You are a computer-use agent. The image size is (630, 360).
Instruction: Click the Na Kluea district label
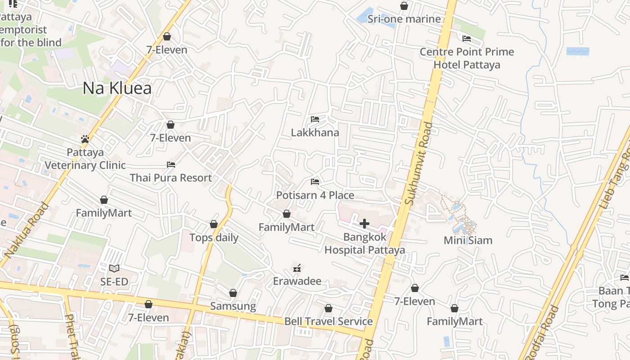tap(117, 88)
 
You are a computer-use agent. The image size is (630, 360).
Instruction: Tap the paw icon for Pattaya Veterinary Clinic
tap(85, 139)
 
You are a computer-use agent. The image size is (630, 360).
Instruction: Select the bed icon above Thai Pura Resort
tap(171, 165)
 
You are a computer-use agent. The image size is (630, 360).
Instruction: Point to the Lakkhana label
tap(315, 133)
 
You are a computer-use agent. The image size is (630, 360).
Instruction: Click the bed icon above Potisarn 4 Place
tap(315, 182)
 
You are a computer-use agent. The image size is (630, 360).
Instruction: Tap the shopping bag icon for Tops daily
tap(214, 224)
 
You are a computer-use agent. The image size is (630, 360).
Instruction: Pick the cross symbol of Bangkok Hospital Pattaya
tap(364, 224)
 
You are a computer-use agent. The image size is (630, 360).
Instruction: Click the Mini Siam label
tap(468, 240)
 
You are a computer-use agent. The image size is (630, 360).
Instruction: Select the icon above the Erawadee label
tap(297, 268)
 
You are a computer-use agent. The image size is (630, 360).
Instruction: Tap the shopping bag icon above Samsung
tap(233, 293)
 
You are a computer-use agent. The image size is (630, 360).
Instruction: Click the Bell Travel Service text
tap(328, 321)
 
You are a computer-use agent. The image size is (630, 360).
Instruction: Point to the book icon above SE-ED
tap(114, 269)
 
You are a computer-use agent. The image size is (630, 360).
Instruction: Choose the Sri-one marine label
tap(404, 19)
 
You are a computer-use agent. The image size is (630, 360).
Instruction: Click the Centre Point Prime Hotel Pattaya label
tap(467, 58)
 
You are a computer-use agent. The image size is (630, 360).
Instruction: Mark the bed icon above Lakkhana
tap(315, 119)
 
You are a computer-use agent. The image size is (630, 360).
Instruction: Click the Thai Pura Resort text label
tap(171, 178)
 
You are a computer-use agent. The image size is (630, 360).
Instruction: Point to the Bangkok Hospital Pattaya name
tap(364, 243)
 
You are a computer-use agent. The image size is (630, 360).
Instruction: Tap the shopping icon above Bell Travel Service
tap(328, 309)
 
